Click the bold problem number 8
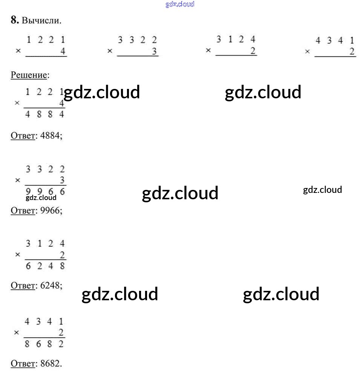tap(14, 20)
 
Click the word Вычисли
tap(41, 20)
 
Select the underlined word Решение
tap(29, 75)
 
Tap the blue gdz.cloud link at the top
tap(180, 4)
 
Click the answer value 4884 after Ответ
tap(50, 135)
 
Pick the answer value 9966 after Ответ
tap(50, 210)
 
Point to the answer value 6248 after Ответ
tap(50, 285)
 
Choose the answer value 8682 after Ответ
tap(50, 363)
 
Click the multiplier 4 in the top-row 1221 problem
tap(63, 51)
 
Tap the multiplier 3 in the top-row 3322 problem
tap(154, 51)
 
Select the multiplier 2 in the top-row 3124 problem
tap(253, 51)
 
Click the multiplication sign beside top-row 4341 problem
tap(307, 52)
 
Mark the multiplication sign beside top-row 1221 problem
tap(18, 51)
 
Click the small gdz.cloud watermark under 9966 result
tap(41, 198)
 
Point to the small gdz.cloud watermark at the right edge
tap(323, 190)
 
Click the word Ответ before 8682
tap(23, 363)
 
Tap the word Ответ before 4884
tap(23, 136)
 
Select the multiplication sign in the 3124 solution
tap(17, 255)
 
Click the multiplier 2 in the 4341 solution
tap(61, 332)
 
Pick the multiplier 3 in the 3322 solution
tap(62, 180)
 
